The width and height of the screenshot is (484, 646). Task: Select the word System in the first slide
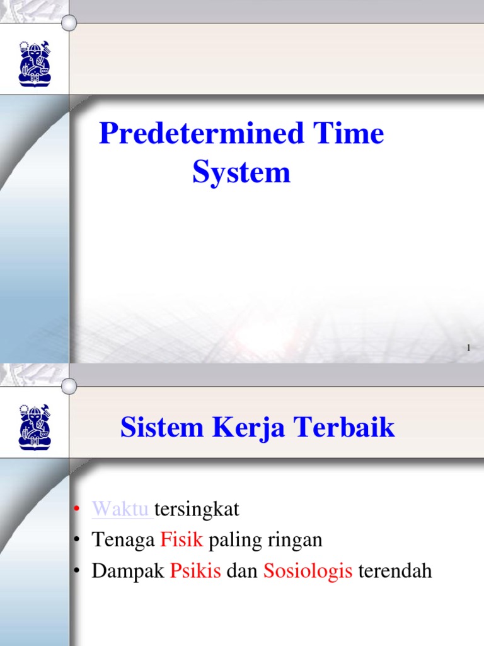point(241,172)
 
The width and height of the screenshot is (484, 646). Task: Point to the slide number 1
point(470,348)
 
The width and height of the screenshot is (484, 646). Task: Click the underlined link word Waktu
point(122,508)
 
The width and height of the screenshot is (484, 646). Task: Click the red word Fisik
point(181,540)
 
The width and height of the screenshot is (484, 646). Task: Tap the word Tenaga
point(123,540)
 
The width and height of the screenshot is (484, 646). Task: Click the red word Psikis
point(195,572)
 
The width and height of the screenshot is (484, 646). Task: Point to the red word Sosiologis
point(308,572)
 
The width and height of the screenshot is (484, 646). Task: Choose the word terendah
point(395,572)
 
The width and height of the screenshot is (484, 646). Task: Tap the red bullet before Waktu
point(76,509)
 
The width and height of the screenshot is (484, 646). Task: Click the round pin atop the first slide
point(69,23)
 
